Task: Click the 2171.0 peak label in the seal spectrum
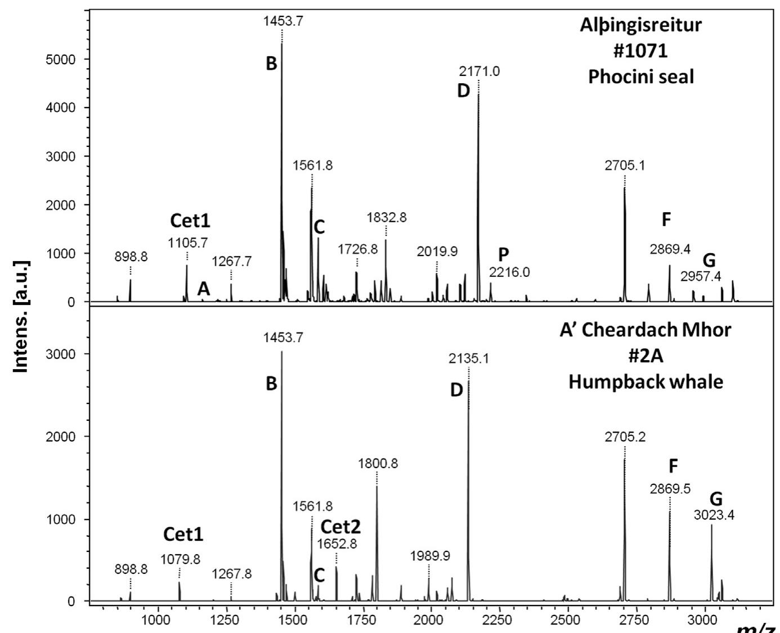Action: (479, 71)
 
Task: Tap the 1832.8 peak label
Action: (386, 217)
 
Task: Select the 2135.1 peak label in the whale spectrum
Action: (469, 358)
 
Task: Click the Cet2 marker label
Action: (340, 527)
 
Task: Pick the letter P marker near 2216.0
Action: (503, 254)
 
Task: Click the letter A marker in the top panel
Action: (203, 289)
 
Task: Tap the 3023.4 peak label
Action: (714, 515)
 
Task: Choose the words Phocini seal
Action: (641, 76)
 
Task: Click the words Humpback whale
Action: (645, 381)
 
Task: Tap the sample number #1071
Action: (641, 51)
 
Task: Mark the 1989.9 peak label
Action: (430, 556)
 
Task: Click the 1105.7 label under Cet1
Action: (188, 243)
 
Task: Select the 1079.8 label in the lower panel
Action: (180, 559)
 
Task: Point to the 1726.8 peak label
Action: (358, 249)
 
